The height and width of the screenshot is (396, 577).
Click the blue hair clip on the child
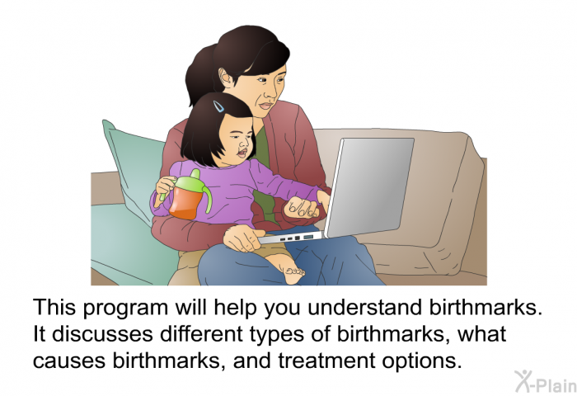(x=218, y=106)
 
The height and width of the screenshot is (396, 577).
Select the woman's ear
(x=224, y=78)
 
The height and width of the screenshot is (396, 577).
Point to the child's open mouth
(x=242, y=152)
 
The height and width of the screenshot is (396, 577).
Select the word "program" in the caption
(x=126, y=309)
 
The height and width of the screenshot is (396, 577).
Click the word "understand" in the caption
(x=365, y=307)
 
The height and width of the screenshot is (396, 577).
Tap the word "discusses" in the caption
(x=102, y=334)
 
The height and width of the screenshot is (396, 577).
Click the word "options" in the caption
(x=422, y=361)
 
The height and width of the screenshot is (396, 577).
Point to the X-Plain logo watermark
(x=546, y=382)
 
